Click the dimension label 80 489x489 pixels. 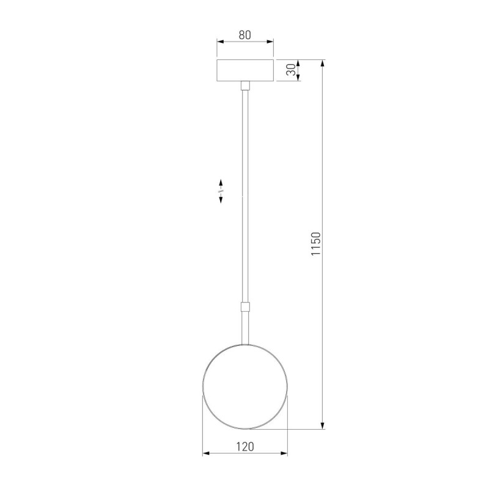[245, 35]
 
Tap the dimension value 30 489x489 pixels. [291, 70]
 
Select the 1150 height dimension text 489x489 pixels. [315, 243]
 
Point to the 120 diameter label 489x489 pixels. [245, 447]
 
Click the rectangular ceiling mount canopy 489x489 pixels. [245, 70]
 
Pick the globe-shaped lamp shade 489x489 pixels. [245, 386]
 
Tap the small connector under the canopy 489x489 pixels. [245, 85]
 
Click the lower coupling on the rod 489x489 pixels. [245, 307]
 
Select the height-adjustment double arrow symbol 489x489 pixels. [221, 191]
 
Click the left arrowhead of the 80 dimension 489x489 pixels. [220, 42]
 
